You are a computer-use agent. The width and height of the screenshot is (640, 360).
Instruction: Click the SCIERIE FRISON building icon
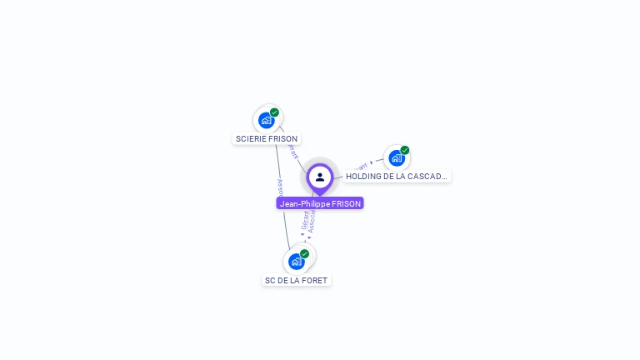click(x=267, y=120)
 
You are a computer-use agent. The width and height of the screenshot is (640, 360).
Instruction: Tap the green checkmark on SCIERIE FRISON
click(x=274, y=112)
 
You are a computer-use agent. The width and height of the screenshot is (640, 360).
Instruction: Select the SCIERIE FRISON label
click(x=266, y=139)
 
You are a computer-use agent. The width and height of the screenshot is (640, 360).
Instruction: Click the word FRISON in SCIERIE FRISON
click(x=282, y=139)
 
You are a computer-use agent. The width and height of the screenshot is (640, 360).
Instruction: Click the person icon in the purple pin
click(x=320, y=177)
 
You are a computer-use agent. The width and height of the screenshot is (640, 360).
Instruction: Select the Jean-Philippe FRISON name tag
click(x=320, y=203)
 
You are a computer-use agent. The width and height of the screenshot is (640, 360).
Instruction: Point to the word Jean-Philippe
click(x=300, y=203)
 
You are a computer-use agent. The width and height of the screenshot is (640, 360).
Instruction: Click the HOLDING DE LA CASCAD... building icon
click(x=397, y=157)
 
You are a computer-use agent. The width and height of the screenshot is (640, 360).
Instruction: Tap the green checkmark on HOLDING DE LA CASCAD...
click(x=405, y=150)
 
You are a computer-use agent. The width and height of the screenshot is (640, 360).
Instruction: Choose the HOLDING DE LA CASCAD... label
click(x=397, y=177)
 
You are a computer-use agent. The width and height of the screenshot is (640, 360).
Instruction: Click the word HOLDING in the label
click(x=364, y=177)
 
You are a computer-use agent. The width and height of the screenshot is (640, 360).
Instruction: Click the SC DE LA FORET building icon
click(x=296, y=261)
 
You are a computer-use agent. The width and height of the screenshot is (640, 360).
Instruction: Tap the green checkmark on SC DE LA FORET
click(x=304, y=253)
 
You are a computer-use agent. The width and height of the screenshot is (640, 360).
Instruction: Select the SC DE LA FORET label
click(x=296, y=281)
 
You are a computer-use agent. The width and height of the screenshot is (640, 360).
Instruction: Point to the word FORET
click(x=315, y=281)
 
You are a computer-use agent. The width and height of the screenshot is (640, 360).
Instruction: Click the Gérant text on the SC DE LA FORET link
click(x=304, y=220)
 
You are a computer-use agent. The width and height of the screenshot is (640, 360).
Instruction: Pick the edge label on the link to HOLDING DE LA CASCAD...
click(x=361, y=167)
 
